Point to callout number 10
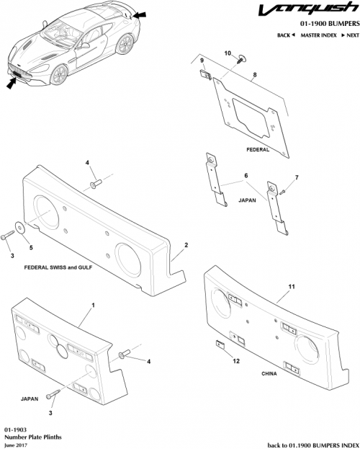pos(228,54)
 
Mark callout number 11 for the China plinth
pos(292,287)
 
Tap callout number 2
pos(186,246)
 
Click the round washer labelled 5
pos(17,226)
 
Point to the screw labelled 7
pos(282,191)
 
